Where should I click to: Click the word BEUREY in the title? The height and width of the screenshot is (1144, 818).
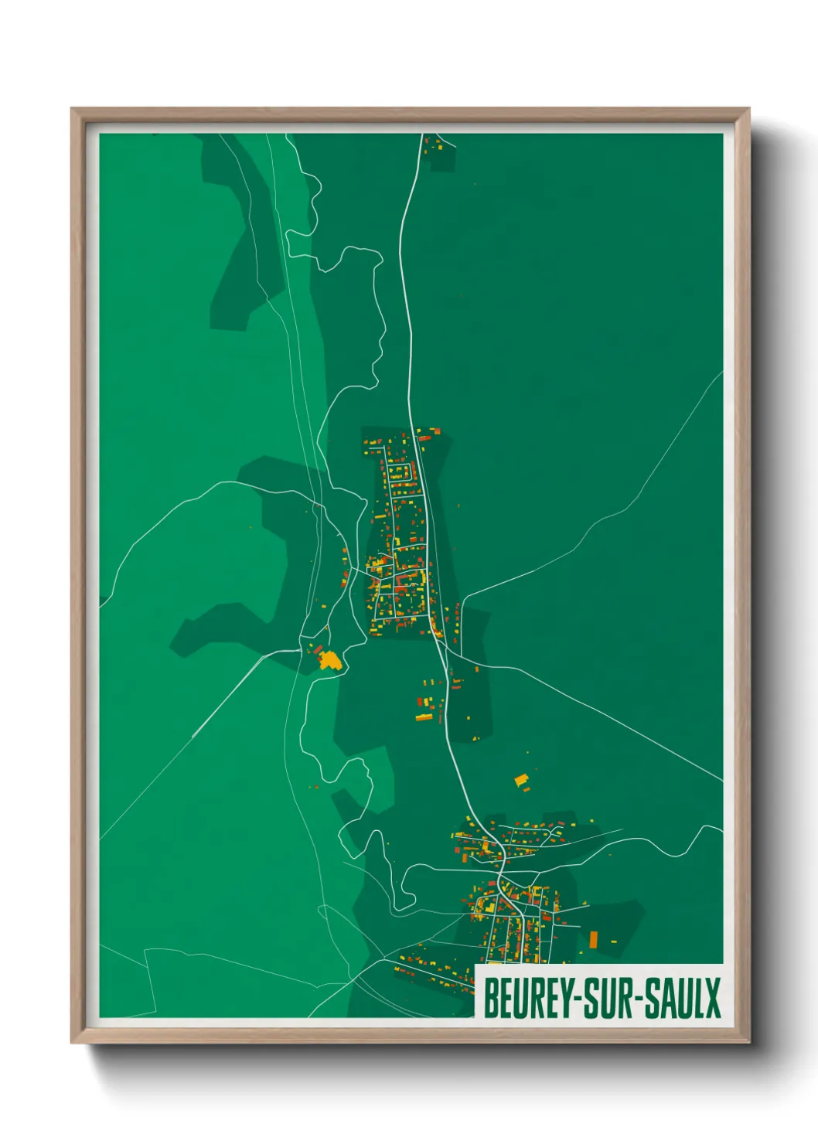click(x=528, y=998)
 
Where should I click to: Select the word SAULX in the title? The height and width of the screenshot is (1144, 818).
click(x=683, y=998)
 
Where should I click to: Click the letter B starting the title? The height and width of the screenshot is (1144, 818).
click(x=490, y=998)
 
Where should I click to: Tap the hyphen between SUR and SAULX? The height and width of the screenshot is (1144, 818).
click(x=639, y=999)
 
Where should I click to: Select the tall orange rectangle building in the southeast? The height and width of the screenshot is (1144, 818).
click(x=594, y=939)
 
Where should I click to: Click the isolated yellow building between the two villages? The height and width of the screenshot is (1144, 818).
click(x=521, y=780)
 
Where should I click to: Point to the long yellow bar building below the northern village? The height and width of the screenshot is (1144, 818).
click(x=424, y=717)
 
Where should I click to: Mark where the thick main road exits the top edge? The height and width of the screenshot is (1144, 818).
click(x=423, y=136)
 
